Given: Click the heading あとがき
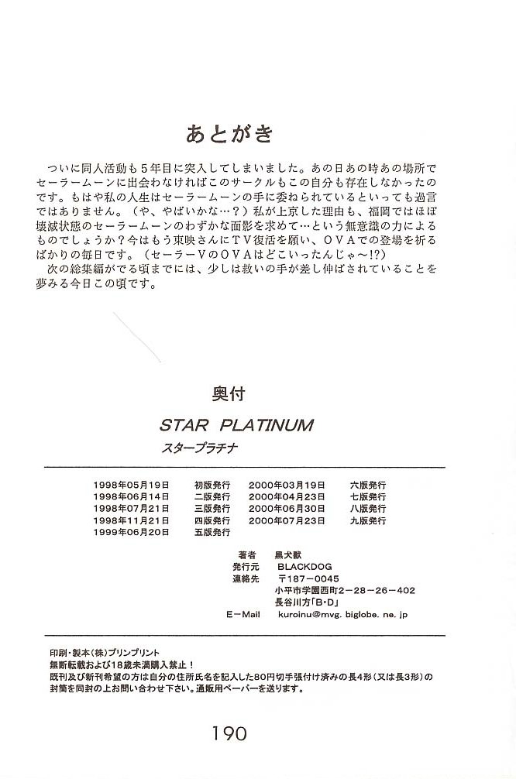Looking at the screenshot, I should [229, 134].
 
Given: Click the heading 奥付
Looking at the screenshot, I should [228, 394].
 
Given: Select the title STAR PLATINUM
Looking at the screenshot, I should [236, 425].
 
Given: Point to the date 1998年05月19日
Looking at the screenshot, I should [130, 485].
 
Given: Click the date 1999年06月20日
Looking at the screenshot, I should [130, 533].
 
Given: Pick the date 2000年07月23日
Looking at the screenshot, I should [287, 521].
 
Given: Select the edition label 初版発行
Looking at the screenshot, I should [212, 485].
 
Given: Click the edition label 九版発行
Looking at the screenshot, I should [367, 521].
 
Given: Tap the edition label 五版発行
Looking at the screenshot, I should [212, 533].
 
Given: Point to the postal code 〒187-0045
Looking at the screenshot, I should [308, 578].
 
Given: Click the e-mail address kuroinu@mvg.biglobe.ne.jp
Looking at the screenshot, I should [342, 614].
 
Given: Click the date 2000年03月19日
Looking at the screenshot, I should [287, 485].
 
